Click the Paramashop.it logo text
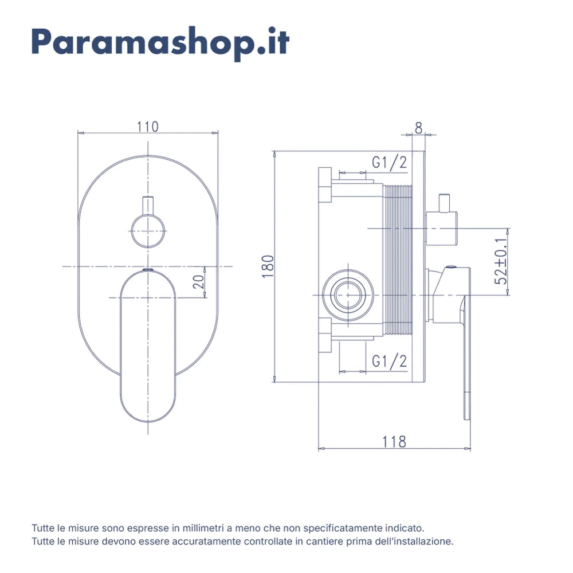coord(160,43)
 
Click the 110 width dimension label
coord(148,127)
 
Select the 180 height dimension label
coord(268,266)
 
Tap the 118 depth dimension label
coord(394,442)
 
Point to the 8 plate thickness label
coord(418,128)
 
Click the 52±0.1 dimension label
coord(501,261)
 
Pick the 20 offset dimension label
coord(198,282)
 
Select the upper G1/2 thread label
coord(389,163)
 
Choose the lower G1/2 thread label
coord(389,361)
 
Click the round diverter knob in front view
coord(148,231)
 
